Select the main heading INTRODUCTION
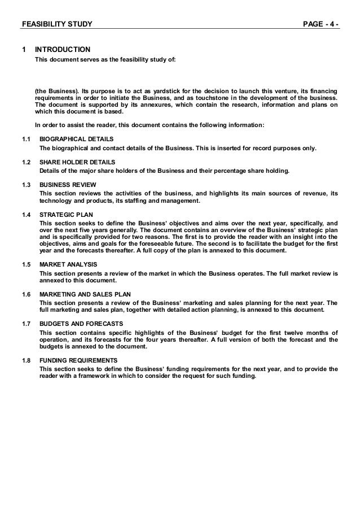(x=63, y=50)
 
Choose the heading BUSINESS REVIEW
(x=68, y=185)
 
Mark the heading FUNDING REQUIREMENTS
(x=78, y=360)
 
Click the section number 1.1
(x=26, y=139)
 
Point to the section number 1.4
(x=26, y=215)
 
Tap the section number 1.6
(x=26, y=294)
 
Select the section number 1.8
(x=26, y=360)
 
